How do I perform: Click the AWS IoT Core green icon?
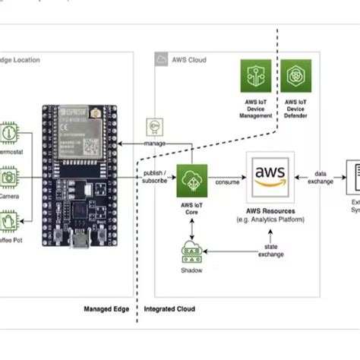(x=192, y=181)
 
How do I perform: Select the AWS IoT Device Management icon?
(x=256, y=75)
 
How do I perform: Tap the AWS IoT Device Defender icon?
(x=295, y=75)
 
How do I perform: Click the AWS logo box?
(x=270, y=176)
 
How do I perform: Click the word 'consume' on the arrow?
(x=228, y=182)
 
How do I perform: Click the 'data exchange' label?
(x=322, y=177)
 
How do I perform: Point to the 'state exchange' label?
(x=271, y=250)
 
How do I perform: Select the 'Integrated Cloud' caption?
(x=169, y=309)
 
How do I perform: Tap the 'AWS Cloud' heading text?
(x=188, y=60)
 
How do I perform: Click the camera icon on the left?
(x=9, y=177)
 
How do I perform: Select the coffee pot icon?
(x=9, y=222)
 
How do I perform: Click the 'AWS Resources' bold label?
(x=270, y=211)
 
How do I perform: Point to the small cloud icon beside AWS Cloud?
(x=161, y=59)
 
